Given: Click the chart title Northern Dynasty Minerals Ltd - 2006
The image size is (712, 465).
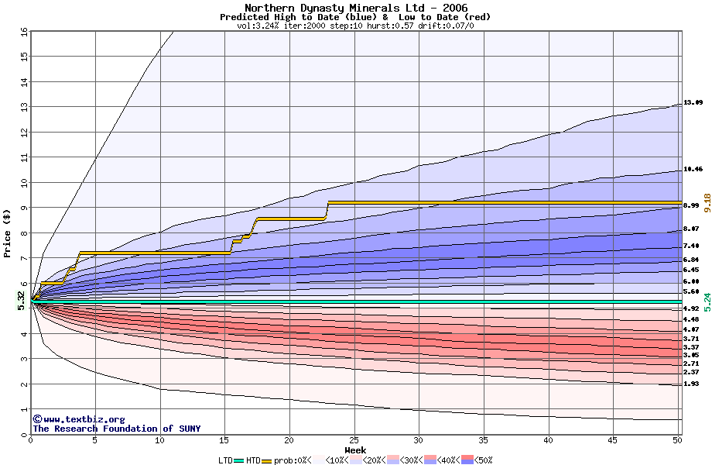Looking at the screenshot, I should point(355,7).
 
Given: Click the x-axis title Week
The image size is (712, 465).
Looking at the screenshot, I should point(355,449).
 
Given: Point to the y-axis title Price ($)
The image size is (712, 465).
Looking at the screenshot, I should point(7,232).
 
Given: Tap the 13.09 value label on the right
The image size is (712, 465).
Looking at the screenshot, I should point(693,103).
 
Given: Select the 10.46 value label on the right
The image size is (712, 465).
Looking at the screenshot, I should point(693,169).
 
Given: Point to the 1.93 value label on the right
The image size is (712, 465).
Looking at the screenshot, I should point(691,384).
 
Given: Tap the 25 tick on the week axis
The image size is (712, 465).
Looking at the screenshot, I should point(354,440).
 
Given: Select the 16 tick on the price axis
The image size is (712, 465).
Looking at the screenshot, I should point(24,32).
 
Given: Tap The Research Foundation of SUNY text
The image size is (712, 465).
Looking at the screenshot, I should point(114,429).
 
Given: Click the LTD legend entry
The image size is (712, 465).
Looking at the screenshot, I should point(228,460).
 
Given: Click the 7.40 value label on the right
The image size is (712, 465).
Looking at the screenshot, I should point(691,246).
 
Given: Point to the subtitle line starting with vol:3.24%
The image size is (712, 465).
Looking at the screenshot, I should point(355,26).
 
